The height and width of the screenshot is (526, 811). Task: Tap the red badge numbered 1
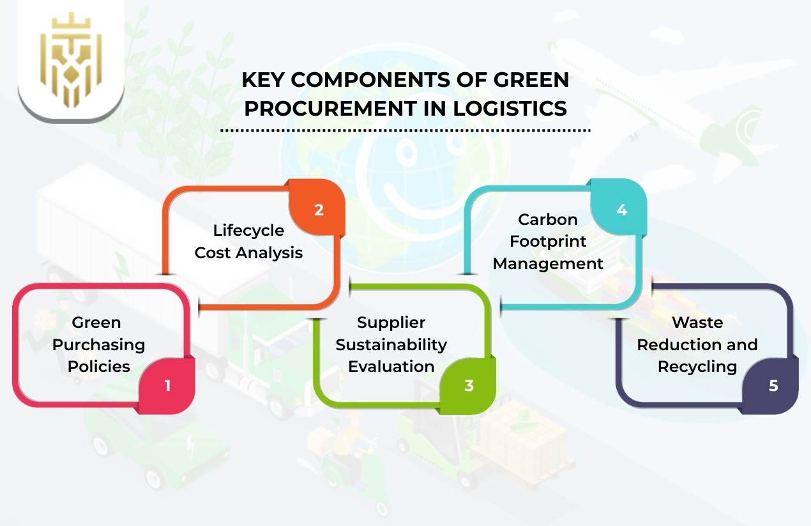pos(167,385)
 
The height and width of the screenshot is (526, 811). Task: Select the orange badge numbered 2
pos(318,210)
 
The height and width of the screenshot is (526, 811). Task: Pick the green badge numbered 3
pos(469,385)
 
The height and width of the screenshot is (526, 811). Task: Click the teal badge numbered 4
pos(621,210)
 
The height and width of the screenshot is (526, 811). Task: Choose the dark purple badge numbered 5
pos(773,385)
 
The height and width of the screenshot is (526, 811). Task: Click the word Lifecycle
pos(248,230)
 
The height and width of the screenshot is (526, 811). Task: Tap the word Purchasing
pos(98,345)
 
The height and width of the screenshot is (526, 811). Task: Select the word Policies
pos(98,366)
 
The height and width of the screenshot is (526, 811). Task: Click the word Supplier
pos(391,323)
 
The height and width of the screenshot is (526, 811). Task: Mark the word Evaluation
pos(391,366)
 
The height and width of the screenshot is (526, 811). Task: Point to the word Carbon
pos(548,219)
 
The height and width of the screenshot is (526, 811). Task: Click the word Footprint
pos(548,242)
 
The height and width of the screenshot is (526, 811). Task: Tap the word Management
pos(548,263)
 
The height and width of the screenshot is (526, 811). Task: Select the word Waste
pos(697,323)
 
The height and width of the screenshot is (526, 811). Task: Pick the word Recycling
pos(697,366)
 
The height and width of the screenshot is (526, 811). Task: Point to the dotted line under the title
pos(405,130)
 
